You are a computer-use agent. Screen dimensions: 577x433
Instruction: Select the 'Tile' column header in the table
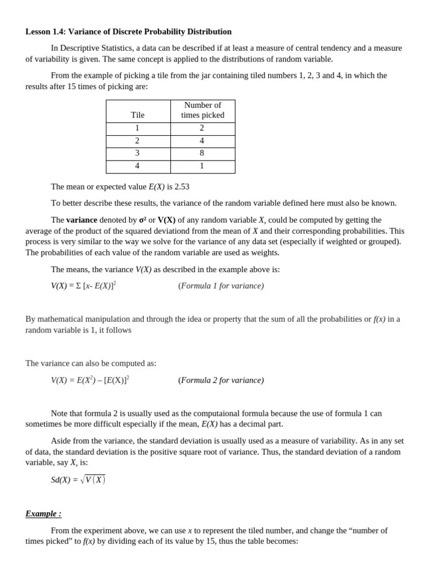[138, 115]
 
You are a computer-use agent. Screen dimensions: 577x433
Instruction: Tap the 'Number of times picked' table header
[202, 110]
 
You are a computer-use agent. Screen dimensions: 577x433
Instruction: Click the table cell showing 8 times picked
[202, 153]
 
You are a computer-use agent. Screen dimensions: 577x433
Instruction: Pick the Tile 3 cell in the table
[138, 153]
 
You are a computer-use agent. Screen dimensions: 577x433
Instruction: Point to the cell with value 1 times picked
[202, 166]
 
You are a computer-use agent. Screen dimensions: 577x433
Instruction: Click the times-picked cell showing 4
[202, 141]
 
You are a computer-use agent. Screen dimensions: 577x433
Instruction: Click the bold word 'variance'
[82, 220]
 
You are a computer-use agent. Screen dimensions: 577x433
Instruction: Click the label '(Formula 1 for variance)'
[221, 286]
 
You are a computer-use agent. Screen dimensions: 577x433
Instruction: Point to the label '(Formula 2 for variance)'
[221, 380]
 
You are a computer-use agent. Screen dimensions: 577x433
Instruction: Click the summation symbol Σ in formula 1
[78, 286]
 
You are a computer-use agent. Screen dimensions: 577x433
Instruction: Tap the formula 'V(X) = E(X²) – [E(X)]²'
[90, 380]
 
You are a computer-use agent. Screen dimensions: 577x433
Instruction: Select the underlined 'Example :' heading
[43, 513]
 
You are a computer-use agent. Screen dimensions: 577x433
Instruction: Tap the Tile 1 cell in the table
[138, 128]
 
